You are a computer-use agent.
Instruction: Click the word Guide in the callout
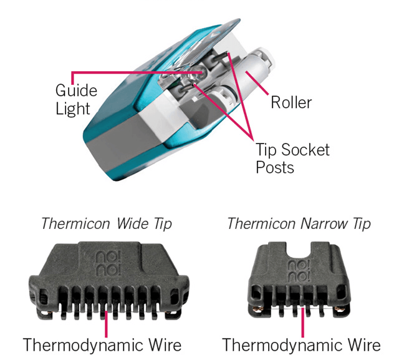pos(73,90)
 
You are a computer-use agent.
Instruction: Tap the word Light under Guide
pos(73,109)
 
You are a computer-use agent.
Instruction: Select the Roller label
pos(291,102)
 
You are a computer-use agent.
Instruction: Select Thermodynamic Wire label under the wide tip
pos(102,344)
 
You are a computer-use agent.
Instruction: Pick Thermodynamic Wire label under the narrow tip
pos(301,344)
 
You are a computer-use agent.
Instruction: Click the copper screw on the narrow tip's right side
pos(342,307)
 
